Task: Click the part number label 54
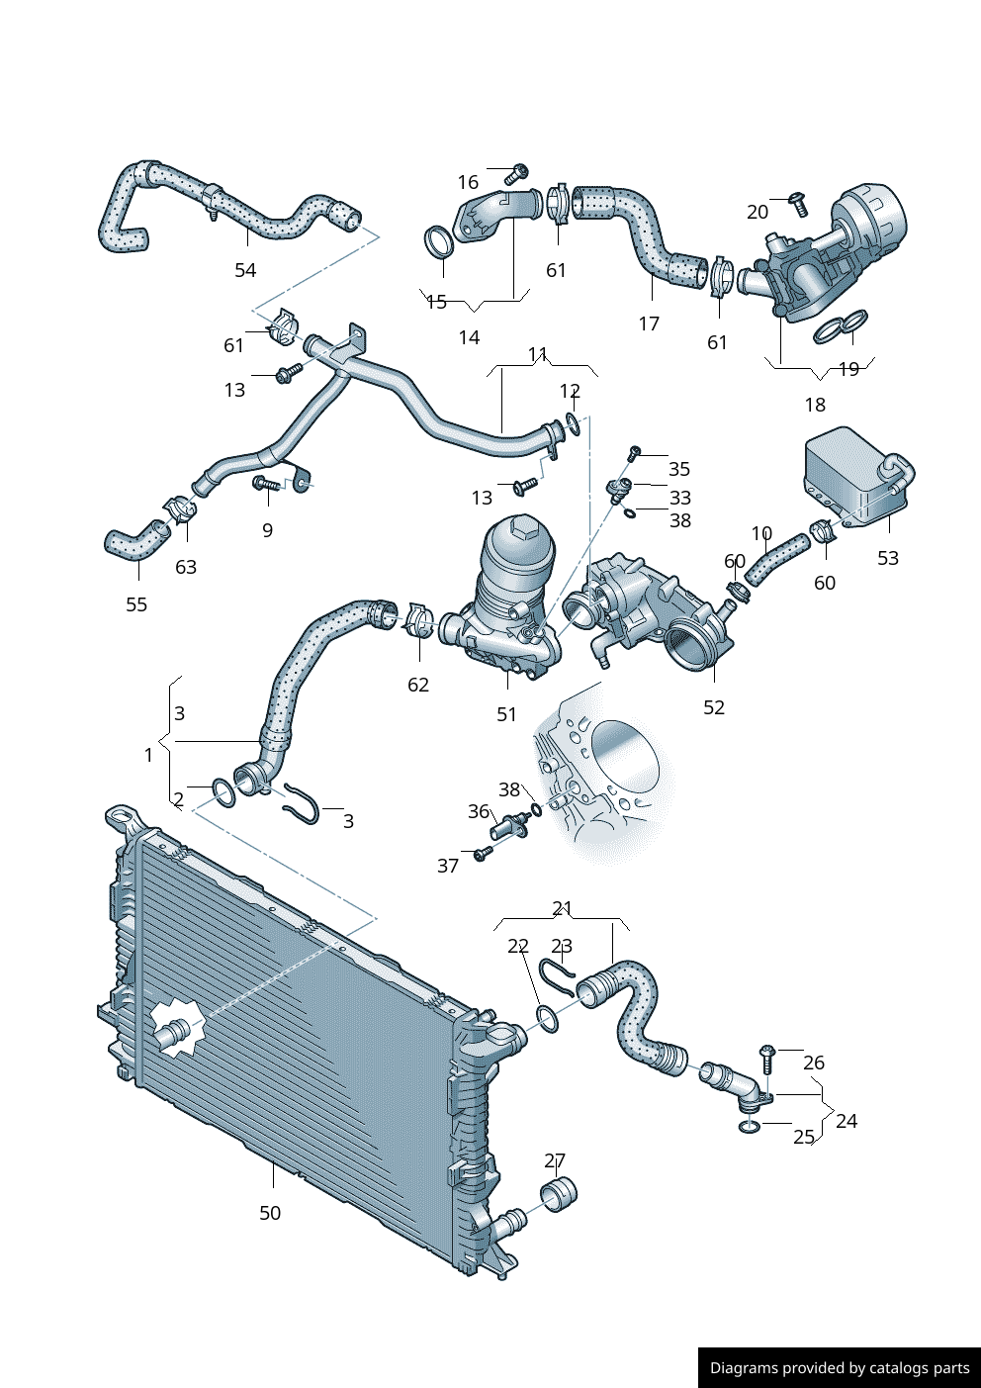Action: tap(245, 270)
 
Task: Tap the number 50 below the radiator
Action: tap(270, 1213)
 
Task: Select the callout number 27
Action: tap(555, 1160)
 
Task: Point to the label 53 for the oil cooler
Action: tap(888, 558)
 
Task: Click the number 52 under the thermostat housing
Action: tap(714, 707)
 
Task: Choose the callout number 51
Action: tap(506, 714)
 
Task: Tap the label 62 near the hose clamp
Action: tap(418, 685)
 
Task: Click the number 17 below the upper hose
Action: tap(649, 324)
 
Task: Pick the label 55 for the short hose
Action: tap(136, 604)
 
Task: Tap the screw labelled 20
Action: tap(799, 204)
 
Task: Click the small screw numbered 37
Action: tap(483, 853)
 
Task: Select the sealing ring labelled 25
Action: tap(750, 1127)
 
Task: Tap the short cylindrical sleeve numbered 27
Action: tap(560, 1195)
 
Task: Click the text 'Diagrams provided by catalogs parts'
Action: tap(840, 1368)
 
